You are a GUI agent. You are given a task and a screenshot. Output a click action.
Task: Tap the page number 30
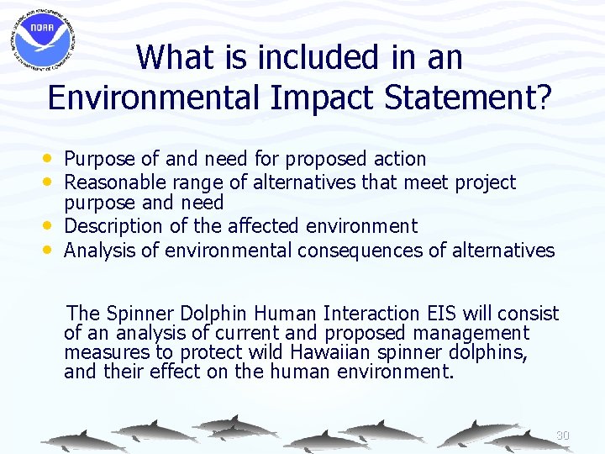pyautogui.click(x=563, y=436)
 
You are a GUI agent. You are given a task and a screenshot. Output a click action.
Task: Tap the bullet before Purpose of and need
pyautogui.click(x=54, y=158)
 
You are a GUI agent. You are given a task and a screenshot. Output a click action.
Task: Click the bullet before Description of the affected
pyautogui.click(x=54, y=226)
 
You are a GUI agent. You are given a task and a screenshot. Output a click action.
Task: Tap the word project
pyautogui.click(x=486, y=182)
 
